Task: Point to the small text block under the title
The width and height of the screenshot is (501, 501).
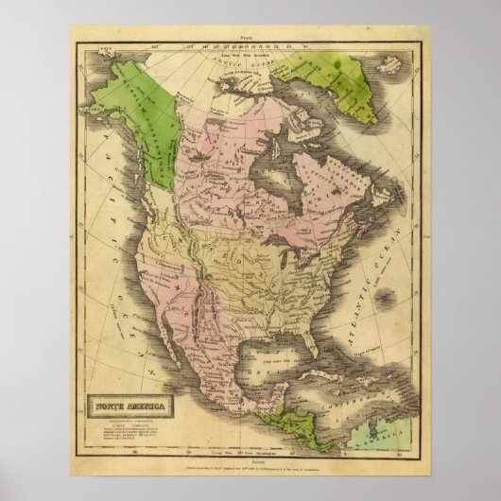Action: click(x=123, y=397)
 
